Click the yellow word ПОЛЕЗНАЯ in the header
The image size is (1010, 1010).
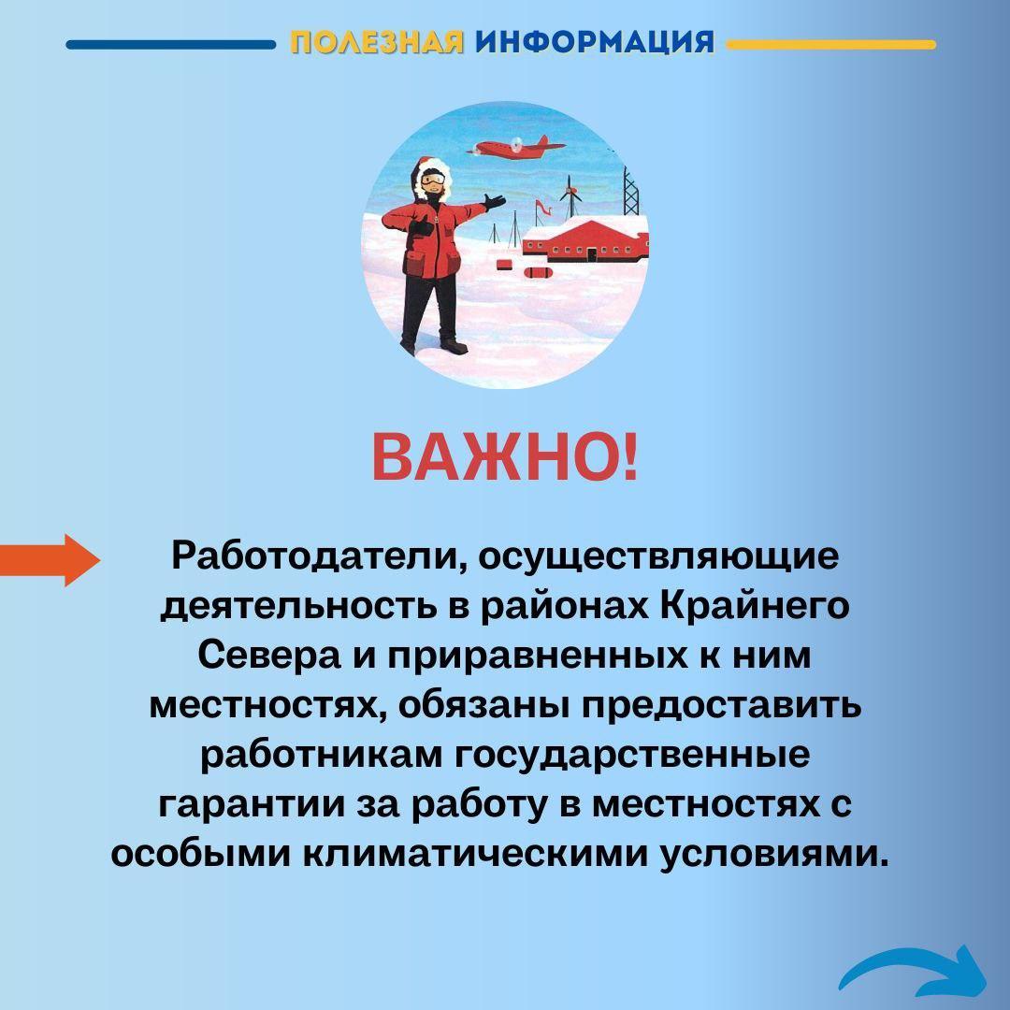[x=377, y=42]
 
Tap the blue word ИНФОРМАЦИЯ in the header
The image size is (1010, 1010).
[x=595, y=42]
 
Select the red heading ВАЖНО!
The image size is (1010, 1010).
[x=506, y=457]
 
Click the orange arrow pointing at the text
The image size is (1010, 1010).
[x=50, y=560]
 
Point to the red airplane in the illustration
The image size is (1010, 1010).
[x=518, y=148]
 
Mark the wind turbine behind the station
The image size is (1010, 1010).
[x=570, y=195]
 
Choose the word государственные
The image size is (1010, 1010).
[x=632, y=756]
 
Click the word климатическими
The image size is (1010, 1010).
[x=477, y=854]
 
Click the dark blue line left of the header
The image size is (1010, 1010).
[x=171, y=45]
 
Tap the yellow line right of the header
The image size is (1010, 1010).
[x=831, y=45]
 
